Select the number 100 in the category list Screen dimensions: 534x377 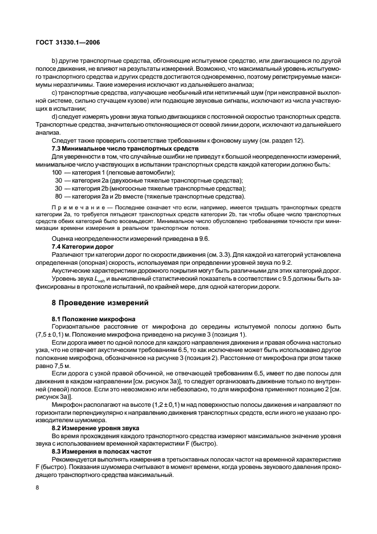click(57, 172)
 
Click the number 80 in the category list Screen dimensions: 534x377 click(59, 196)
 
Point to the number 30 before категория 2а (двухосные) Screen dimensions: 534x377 click(59, 180)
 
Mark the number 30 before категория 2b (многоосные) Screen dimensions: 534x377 click(59, 188)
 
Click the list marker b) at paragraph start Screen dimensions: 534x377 click(55, 60)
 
